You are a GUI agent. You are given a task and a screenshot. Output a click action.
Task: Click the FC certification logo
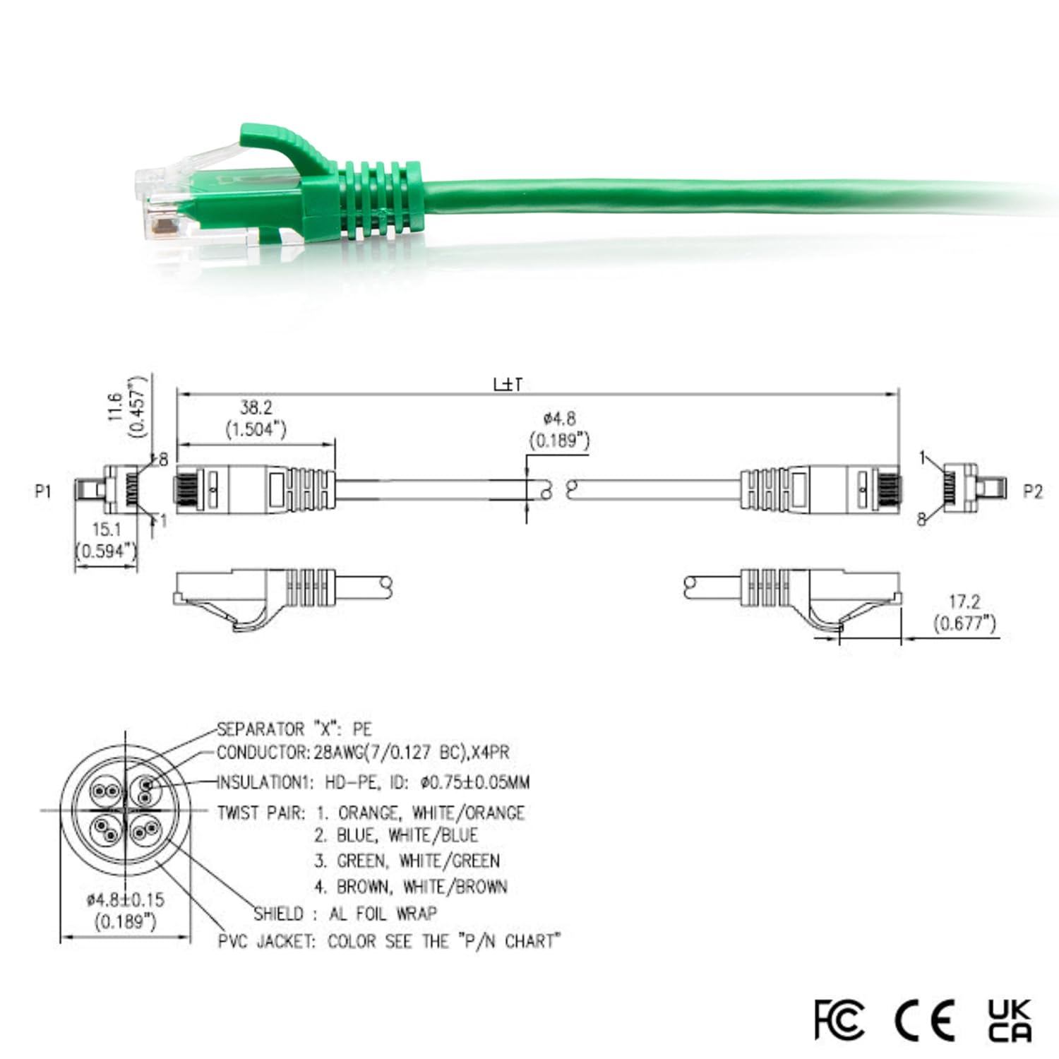(838, 1019)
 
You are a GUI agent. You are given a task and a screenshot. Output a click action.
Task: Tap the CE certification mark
(924, 1019)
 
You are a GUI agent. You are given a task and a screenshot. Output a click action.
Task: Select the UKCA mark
(1010, 1020)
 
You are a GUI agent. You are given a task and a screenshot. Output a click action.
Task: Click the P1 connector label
(43, 491)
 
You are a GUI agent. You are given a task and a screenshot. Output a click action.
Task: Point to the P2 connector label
(1032, 491)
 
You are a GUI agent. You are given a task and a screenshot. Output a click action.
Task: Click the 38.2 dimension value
(256, 407)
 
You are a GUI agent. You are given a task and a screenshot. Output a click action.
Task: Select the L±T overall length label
(508, 385)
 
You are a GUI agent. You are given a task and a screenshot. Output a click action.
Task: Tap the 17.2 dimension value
(964, 602)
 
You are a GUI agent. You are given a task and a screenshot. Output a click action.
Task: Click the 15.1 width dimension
(107, 529)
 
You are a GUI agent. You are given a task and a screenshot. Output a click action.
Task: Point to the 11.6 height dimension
(116, 407)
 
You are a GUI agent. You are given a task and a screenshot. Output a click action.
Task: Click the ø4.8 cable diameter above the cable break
(559, 419)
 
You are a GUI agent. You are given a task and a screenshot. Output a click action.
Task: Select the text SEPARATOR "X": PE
(294, 729)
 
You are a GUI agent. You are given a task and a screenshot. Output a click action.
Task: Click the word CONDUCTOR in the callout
(263, 753)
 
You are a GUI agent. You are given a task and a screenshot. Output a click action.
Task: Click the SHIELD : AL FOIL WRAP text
(345, 914)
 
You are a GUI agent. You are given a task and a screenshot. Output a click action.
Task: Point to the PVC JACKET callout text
(389, 941)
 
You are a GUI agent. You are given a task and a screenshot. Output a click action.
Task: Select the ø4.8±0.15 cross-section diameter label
(125, 899)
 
